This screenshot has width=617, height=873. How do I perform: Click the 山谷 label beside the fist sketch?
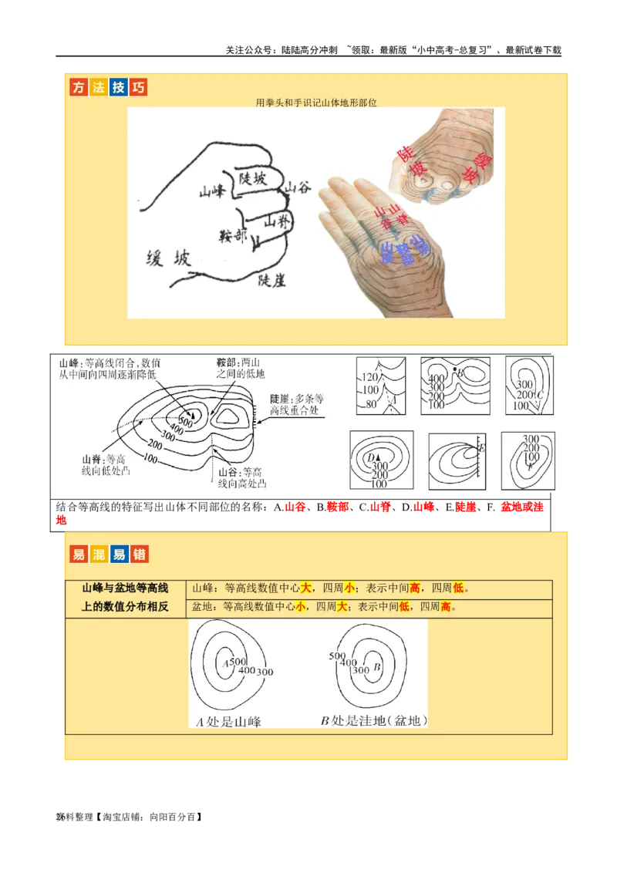[x=297, y=187]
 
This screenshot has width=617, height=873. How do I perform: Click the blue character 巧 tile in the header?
[x=138, y=88]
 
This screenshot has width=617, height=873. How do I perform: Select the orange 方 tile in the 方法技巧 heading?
[x=78, y=88]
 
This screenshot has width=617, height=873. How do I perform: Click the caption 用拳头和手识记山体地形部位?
[x=316, y=102]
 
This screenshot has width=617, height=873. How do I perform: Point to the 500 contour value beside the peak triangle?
[x=186, y=422]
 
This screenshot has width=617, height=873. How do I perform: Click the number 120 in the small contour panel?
[x=371, y=378]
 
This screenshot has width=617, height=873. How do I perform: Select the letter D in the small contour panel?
[x=371, y=457]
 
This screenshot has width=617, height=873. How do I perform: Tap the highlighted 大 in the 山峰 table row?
[x=305, y=588]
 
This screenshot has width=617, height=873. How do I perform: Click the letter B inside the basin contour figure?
[x=377, y=667]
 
